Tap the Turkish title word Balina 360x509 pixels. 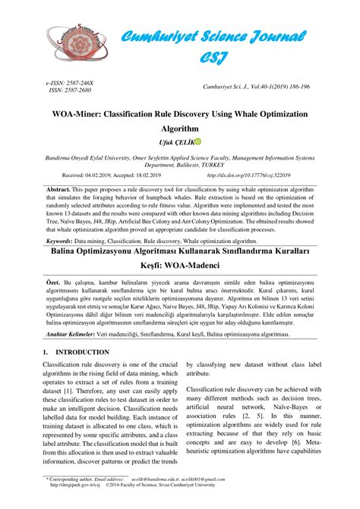point(70,250)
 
